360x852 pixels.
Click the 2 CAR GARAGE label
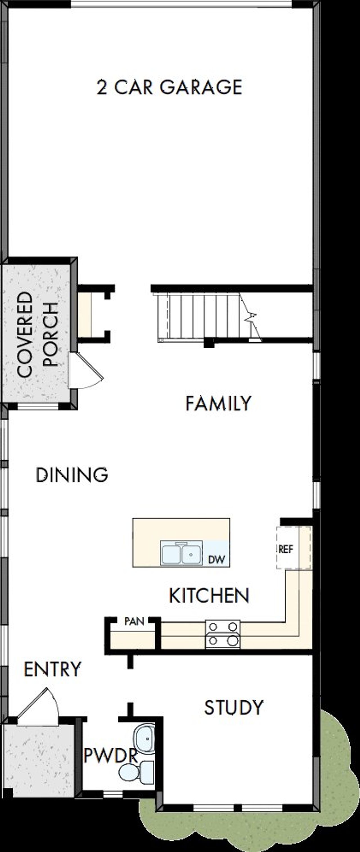click(x=169, y=87)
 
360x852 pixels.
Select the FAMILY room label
click(x=218, y=403)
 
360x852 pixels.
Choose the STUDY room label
click(x=234, y=708)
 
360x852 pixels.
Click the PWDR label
click(x=111, y=756)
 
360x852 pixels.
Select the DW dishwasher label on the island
click(x=216, y=560)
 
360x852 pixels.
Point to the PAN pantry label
click(x=134, y=622)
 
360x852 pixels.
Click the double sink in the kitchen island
click(x=181, y=553)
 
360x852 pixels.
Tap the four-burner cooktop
click(x=223, y=634)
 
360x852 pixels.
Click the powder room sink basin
click(x=145, y=738)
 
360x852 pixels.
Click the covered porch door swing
click(x=84, y=371)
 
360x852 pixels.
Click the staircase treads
click(x=199, y=316)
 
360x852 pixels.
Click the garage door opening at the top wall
click(x=181, y=4)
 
